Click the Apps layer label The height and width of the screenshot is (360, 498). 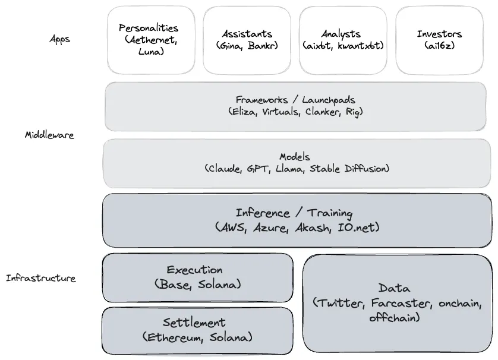59,39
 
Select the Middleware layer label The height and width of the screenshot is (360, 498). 49,135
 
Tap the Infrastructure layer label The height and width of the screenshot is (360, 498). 41,278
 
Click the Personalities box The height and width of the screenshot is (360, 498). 151,40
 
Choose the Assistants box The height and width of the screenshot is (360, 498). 247,40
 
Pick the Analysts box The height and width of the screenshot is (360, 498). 343,40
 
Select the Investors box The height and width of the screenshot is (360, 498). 440,40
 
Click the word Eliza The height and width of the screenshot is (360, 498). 245,112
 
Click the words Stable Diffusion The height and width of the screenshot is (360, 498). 348,169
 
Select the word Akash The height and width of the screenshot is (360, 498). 313,228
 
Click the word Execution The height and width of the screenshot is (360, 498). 195,270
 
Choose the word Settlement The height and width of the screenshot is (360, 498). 194,323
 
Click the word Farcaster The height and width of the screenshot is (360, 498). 402,303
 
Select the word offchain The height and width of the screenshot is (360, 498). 393,317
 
